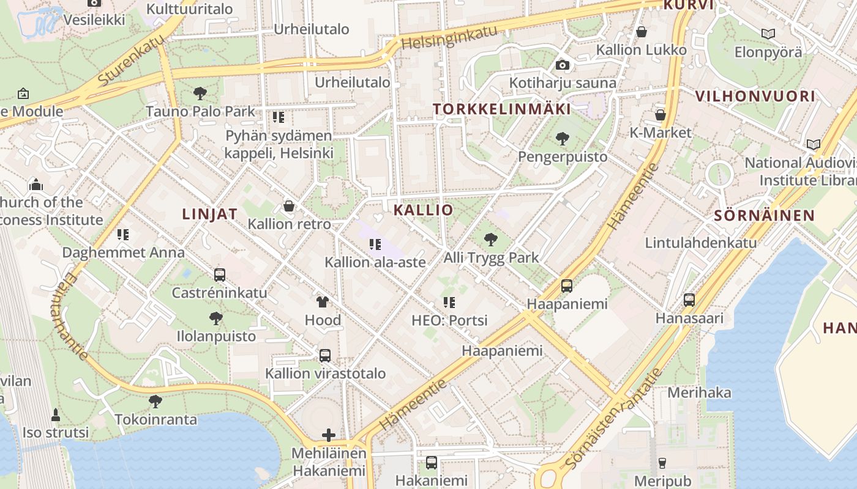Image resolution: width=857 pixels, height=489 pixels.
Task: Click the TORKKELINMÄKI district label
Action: (502, 109)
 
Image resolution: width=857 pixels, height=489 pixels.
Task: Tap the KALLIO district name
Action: (423, 210)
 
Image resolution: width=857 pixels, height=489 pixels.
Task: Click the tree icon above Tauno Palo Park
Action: (200, 94)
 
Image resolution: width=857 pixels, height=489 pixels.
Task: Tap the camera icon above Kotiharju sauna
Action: (563, 65)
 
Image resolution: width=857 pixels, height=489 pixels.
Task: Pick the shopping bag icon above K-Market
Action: (660, 114)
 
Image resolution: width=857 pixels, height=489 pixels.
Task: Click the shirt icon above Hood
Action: (323, 301)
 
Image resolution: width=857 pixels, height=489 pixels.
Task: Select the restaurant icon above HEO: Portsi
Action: (449, 302)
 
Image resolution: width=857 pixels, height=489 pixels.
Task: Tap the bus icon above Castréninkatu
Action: (219, 275)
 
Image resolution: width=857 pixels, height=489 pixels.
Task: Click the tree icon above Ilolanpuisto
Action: (215, 318)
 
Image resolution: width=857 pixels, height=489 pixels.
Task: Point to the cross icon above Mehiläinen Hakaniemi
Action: (329, 435)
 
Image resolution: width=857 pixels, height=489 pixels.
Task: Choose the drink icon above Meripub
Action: (662, 463)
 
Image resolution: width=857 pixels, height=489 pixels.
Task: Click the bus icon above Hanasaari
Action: (689, 300)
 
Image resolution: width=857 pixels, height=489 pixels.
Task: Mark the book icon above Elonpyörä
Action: (768, 34)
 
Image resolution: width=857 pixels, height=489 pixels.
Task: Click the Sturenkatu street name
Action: (131, 59)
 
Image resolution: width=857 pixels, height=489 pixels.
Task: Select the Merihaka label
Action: (699, 392)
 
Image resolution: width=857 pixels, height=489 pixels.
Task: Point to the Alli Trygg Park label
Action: (491, 257)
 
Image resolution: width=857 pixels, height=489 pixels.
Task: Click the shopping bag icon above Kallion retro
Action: (289, 206)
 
